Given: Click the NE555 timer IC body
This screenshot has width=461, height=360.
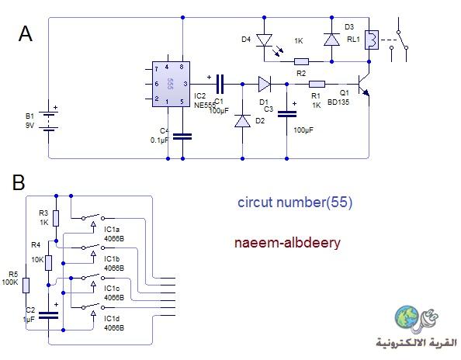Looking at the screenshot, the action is point(171,84).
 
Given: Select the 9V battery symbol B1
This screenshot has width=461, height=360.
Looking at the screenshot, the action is point(49,120).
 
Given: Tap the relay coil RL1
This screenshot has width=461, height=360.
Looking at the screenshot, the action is point(371,40).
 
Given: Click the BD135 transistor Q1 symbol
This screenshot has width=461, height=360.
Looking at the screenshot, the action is point(363,85).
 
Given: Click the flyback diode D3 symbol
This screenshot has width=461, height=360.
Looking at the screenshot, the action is point(331,40).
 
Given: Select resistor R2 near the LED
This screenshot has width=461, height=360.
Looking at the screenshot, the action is point(301,62).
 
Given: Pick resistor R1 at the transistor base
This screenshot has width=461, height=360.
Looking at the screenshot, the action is point(317,85).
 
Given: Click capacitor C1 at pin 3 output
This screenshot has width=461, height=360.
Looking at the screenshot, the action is point(220,84).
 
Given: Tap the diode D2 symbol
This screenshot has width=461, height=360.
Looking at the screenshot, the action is point(243,121).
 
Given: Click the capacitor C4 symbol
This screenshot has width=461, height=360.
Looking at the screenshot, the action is point(182,137).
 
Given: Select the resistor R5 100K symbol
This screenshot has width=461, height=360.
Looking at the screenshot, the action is point(26,286).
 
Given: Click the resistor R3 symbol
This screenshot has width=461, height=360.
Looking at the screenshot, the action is point(56,218).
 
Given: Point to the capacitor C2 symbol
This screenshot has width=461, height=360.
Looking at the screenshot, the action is point(49,315).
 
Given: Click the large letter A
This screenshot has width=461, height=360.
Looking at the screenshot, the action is point(26,34).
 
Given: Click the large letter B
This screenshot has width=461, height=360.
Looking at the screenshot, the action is point(19,182).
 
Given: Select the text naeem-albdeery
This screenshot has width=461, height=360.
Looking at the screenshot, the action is point(287,244).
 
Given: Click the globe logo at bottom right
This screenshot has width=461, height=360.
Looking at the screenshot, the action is point(407,317).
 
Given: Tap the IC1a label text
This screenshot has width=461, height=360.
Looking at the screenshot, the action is point(112,230).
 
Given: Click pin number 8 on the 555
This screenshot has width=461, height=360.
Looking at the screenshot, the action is point(182,67).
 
